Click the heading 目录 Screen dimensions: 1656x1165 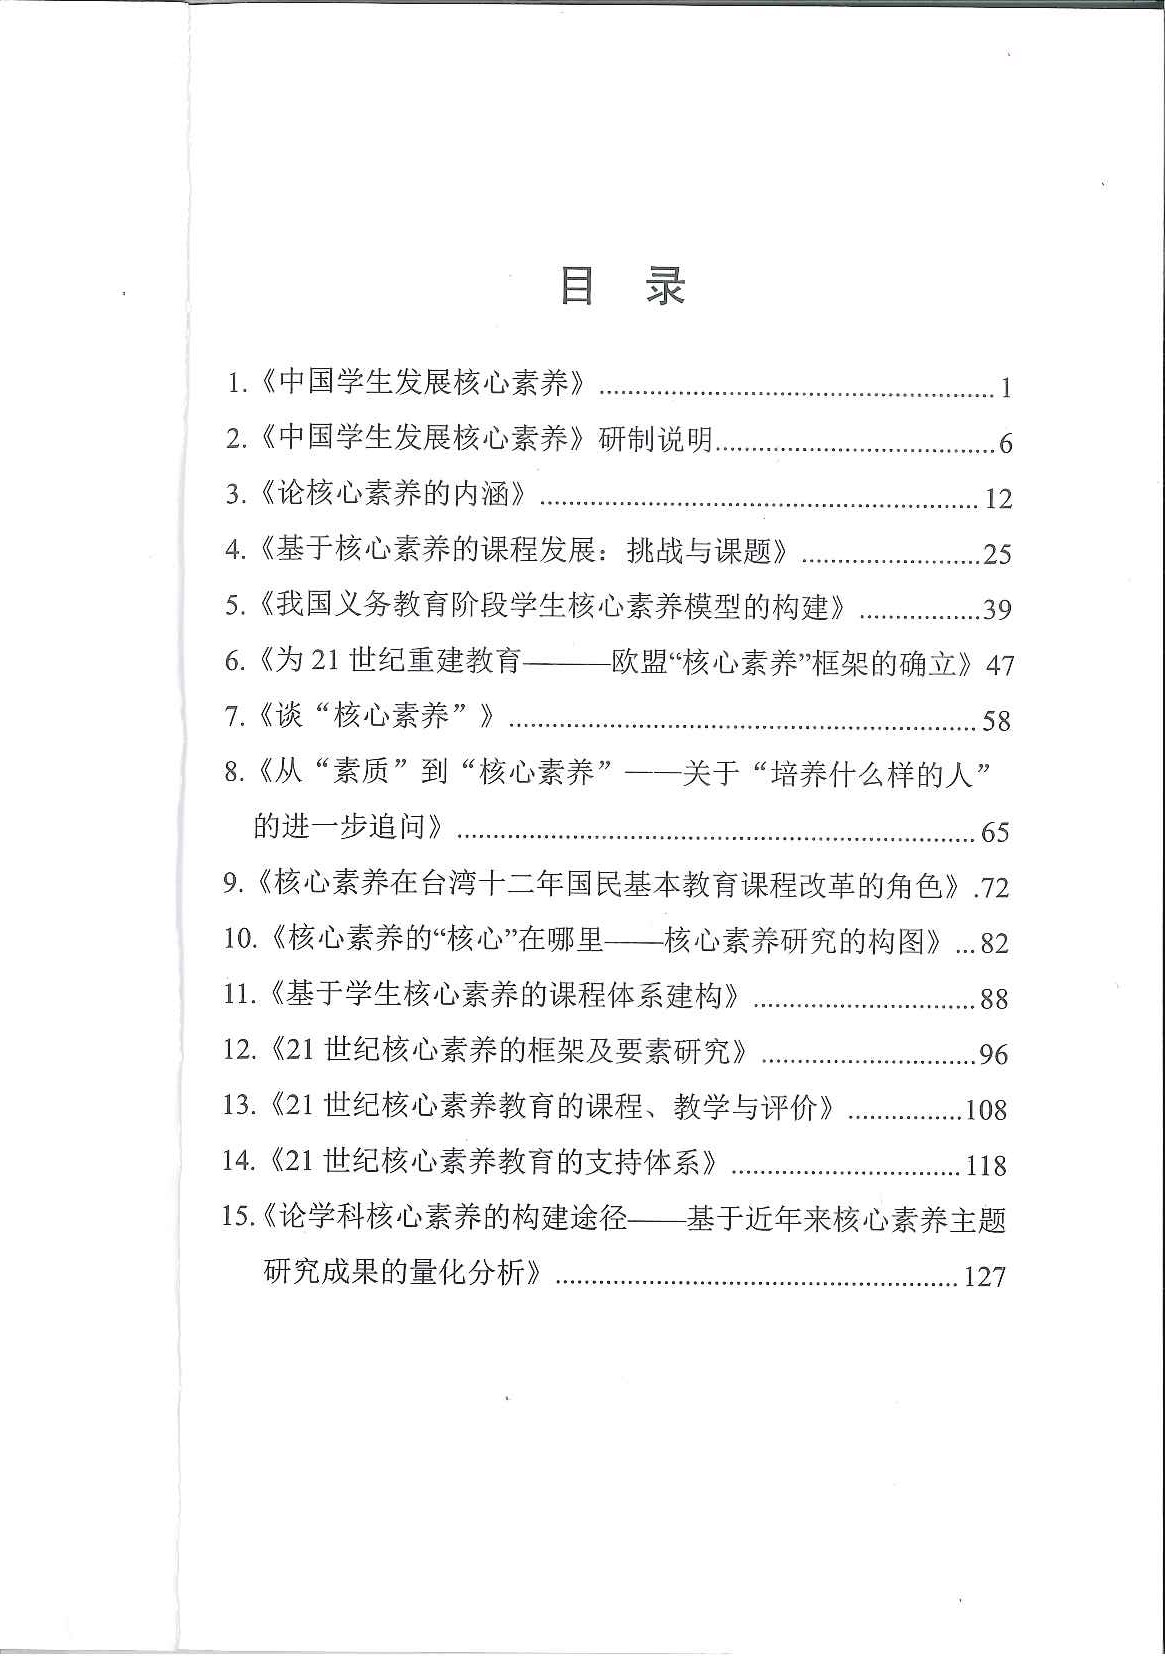click(x=622, y=287)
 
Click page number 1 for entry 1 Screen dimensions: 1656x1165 click(x=1005, y=388)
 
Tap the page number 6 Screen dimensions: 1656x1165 click(x=1005, y=443)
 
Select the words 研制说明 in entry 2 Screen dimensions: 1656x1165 click(x=655, y=439)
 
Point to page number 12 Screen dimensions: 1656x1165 click(x=998, y=498)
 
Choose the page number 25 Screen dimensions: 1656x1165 click(x=997, y=553)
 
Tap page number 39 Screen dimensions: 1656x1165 click(x=997, y=609)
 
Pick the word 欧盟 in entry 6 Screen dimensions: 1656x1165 click(x=638, y=662)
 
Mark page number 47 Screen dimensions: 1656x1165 click(x=1000, y=665)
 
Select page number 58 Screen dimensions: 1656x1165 click(x=996, y=721)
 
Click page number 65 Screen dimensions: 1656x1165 click(x=996, y=832)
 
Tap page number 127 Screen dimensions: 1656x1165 click(x=984, y=1277)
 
